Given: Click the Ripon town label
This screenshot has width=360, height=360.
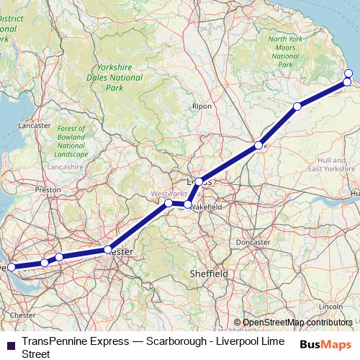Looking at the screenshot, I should click(202, 106).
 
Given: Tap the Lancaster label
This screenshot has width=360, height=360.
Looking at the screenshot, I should click(34, 125).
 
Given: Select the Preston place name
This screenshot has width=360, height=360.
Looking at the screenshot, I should click(48, 190).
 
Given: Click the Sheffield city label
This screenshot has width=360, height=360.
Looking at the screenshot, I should click(208, 274).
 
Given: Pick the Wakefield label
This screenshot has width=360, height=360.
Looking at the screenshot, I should click(206, 206).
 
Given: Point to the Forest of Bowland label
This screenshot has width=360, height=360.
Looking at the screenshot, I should click(72, 141).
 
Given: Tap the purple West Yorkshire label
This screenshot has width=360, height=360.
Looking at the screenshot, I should click(168, 194).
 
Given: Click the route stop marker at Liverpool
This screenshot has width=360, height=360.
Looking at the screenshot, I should click(11, 267).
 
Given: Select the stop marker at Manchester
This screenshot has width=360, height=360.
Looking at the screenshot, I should click(108, 250).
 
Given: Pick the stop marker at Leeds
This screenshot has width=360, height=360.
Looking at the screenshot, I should click(199, 182).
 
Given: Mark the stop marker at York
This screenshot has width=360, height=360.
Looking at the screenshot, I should click(258, 146).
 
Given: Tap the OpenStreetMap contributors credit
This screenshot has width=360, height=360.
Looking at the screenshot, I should click(297, 323).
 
